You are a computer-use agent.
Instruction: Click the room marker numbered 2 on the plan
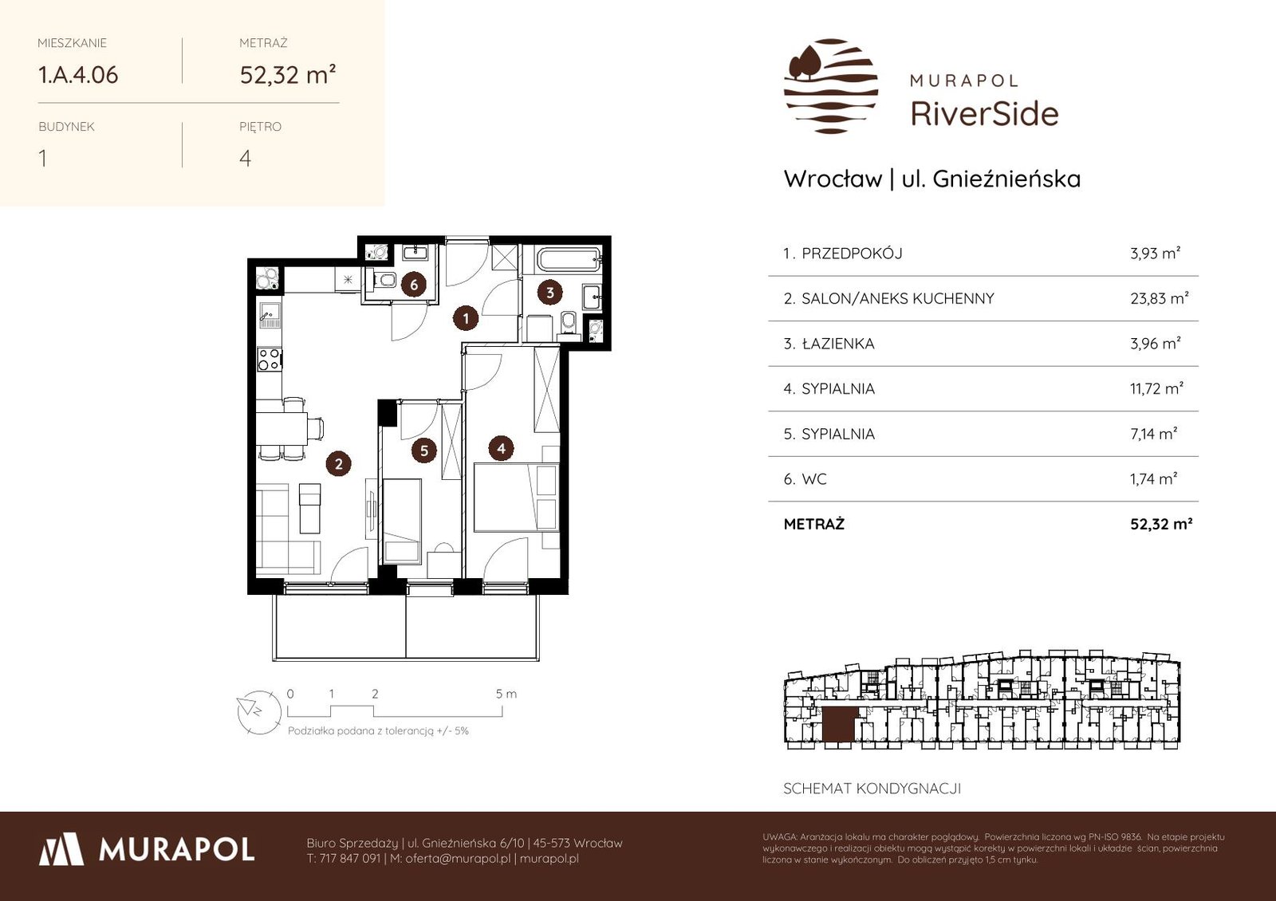(338, 463)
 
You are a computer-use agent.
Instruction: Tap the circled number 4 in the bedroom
(502, 448)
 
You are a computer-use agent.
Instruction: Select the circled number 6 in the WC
(414, 284)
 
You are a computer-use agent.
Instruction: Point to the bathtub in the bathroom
(569, 260)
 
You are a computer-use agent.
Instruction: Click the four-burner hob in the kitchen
(269, 360)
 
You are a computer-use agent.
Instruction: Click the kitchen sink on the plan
(270, 315)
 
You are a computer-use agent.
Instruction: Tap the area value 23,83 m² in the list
(1160, 298)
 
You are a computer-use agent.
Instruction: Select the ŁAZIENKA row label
(838, 344)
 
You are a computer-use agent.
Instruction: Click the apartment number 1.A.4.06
(78, 75)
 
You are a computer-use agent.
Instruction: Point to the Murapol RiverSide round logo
(830, 86)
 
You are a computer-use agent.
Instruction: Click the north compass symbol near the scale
(259, 712)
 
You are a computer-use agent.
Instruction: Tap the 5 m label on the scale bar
(506, 694)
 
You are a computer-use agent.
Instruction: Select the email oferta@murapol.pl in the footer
(458, 858)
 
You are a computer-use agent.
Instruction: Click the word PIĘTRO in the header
(260, 127)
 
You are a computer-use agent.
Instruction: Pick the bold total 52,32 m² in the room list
(1161, 524)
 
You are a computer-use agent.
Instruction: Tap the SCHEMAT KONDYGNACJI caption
(872, 789)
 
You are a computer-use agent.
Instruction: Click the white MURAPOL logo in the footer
(147, 849)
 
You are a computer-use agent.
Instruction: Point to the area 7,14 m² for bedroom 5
(1153, 434)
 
